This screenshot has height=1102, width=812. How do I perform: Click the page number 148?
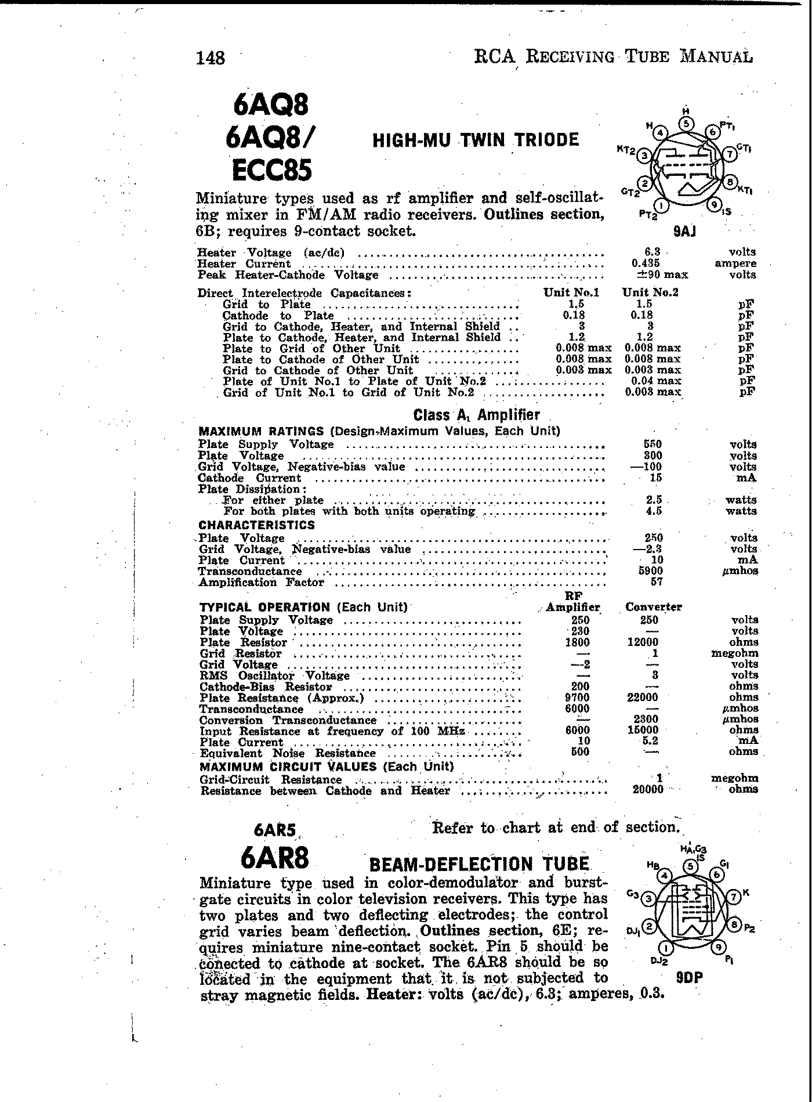click(211, 58)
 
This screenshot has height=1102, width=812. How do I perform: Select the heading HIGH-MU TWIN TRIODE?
click(475, 140)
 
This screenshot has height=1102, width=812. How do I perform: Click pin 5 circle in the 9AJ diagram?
click(686, 123)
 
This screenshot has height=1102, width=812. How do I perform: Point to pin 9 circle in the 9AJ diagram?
click(714, 204)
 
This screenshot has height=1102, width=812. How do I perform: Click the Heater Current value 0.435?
click(646, 263)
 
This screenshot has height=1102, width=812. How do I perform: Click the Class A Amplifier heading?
click(476, 415)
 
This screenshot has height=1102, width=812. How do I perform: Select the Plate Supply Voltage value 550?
click(653, 445)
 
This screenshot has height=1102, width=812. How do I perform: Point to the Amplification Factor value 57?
click(655, 581)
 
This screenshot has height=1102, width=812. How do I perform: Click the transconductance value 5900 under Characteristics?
click(650, 570)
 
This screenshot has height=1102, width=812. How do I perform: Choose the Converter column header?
click(654, 607)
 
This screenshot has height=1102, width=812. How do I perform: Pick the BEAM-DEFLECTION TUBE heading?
click(479, 864)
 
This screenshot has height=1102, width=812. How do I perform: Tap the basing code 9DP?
click(689, 977)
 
